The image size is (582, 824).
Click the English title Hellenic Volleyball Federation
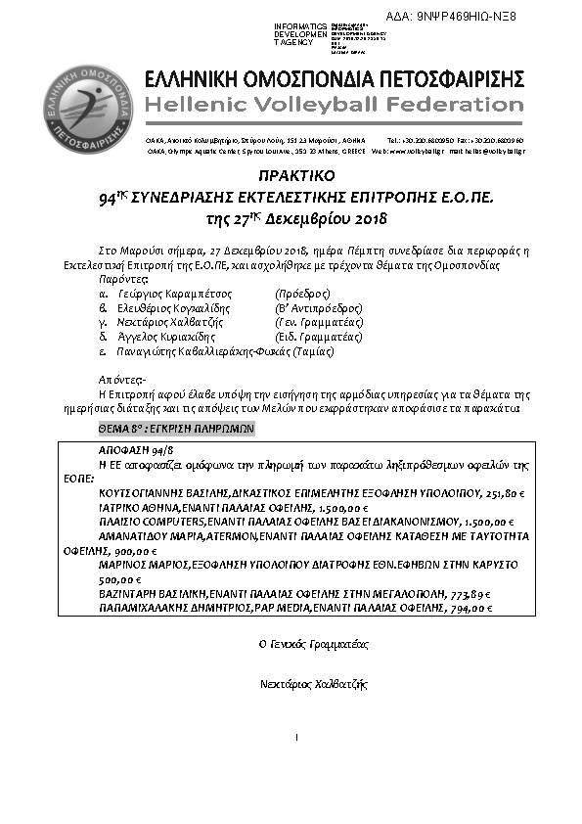(x=334, y=105)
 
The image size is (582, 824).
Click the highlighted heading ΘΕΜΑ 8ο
(x=177, y=429)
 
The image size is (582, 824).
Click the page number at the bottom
(x=294, y=736)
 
